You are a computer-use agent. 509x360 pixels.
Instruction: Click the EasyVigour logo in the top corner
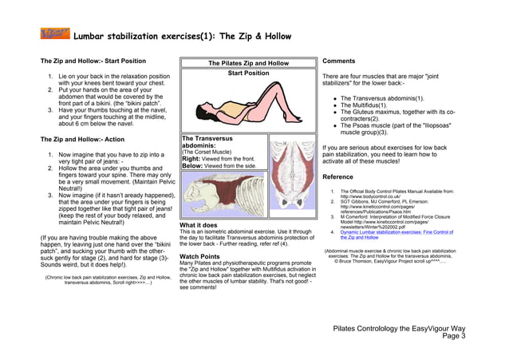click(55, 34)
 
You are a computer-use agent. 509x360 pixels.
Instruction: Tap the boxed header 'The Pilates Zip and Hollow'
click(248, 63)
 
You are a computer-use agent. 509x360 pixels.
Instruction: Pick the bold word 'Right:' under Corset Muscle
click(191, 159)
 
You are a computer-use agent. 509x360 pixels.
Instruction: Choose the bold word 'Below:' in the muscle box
click(192, 166)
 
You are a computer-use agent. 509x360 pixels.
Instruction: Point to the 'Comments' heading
click(340, 61)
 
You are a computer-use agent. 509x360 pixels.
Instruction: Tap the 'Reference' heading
click(337, 176)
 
